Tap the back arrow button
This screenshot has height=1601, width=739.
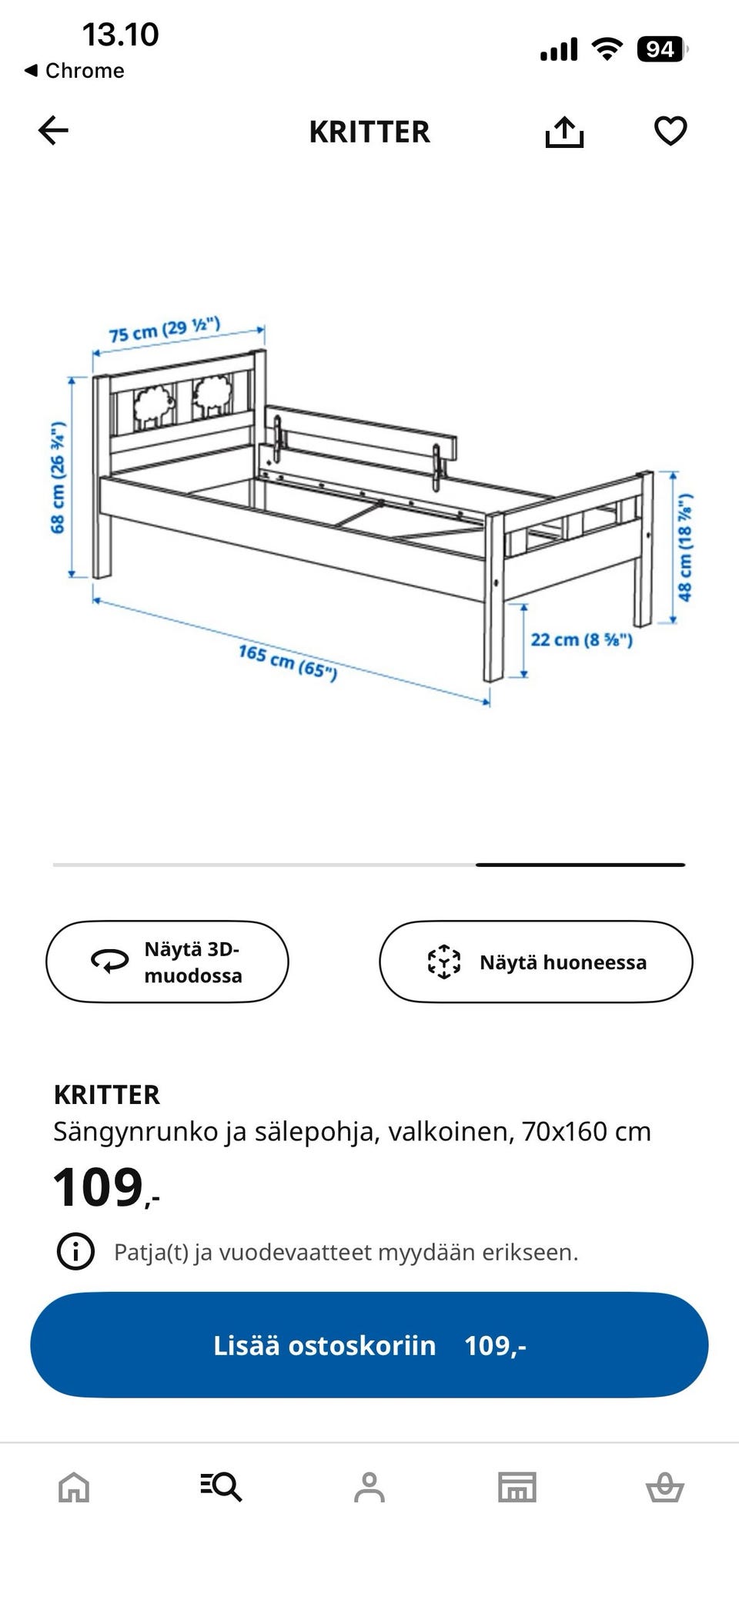tap(53, 131)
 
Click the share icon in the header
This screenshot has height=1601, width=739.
tap(564, 132)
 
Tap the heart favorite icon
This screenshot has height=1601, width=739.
tap(670, 131)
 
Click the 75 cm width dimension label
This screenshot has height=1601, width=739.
tap(165, 329)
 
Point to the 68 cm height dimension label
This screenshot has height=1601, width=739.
tap(58, 478)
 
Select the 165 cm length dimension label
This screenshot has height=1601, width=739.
tap(288, 662)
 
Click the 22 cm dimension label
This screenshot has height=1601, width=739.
tap(581, 639)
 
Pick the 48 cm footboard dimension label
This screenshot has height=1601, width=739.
tap(684, 547)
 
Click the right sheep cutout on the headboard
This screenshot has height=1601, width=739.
tap(212, 396)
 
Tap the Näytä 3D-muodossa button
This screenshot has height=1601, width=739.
tap(167, 962)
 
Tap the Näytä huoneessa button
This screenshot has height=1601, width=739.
tap(536, 962)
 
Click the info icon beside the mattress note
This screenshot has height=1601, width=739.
tap(75, 1251)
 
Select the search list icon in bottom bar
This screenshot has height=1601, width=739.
tap(221, 1486)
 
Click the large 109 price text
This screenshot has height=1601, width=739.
tap(99, 1187)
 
